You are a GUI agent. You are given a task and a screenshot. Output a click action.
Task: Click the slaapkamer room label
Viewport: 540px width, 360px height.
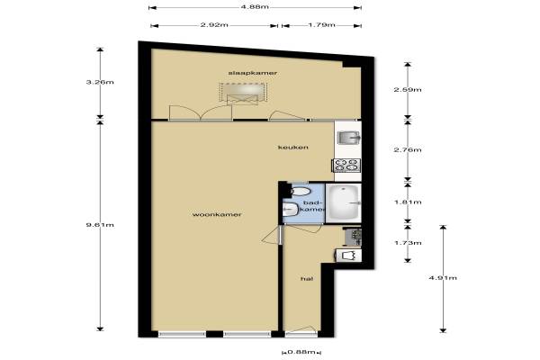tap(253, 73)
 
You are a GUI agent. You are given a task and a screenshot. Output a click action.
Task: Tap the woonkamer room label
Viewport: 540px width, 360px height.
tap(217, 214)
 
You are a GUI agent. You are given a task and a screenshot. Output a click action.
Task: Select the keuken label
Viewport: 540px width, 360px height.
tap(293, 148)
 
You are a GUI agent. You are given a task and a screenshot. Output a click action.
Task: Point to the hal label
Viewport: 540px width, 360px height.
tap(307, 279)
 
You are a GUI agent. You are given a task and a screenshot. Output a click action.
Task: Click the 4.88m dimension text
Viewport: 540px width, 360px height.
tap(255, 7)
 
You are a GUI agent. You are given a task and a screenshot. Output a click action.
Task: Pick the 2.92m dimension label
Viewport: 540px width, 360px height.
tap(214, 25)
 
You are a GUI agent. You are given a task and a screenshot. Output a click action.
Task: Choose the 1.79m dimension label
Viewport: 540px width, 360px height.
tap(321, 25)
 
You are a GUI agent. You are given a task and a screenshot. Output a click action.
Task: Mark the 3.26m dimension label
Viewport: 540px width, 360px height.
tap(100, 82)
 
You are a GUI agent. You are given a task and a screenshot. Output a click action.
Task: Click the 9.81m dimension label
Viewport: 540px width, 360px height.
tap(100, 225)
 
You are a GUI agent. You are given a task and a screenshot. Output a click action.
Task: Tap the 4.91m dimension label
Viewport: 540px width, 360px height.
tap(443, 278)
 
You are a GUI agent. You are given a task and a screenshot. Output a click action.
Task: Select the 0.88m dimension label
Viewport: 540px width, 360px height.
tap(301, 352)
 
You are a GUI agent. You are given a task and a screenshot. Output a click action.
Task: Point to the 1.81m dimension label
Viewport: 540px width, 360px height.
tap(408, 202)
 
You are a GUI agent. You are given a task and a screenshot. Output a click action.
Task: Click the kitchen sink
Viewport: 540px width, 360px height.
tap(348, 138)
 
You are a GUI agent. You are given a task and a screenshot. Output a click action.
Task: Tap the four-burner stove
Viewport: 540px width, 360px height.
tap(346, 165)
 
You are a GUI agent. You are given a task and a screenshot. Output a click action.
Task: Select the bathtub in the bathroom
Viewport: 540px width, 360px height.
tap(344, 202)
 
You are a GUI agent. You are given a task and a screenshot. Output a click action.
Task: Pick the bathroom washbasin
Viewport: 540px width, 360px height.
tap(291, 209)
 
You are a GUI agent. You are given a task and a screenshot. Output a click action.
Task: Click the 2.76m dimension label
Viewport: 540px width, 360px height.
tap(408, 150)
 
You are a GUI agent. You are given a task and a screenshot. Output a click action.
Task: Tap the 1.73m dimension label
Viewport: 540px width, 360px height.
tap(408, 243)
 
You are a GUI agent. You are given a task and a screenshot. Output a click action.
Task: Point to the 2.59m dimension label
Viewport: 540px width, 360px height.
tap(408, 90)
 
